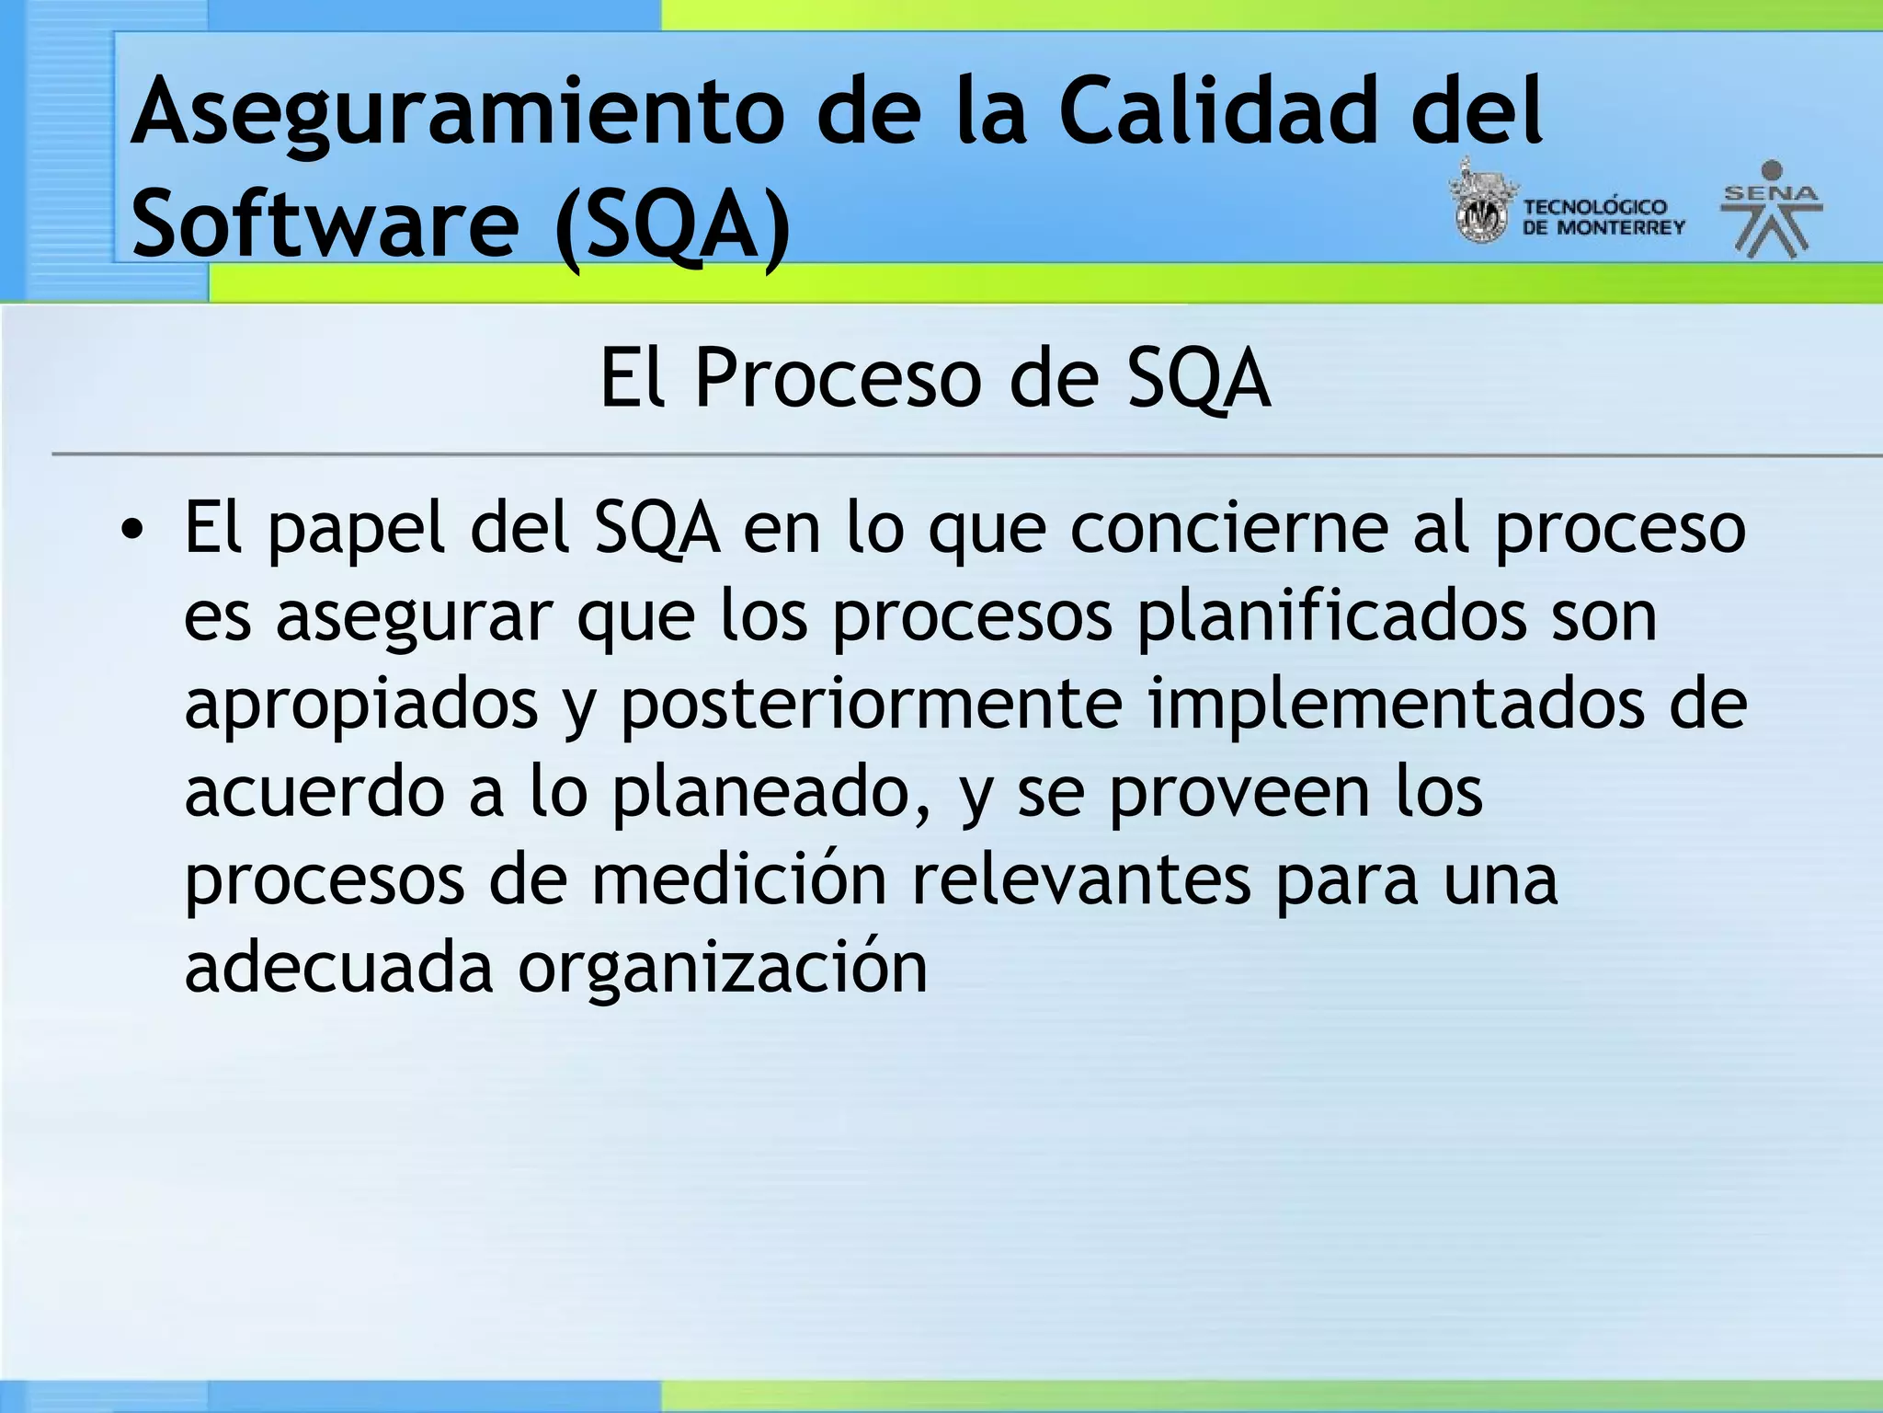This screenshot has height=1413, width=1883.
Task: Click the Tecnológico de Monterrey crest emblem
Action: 1480,204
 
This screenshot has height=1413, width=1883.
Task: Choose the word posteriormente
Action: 871,705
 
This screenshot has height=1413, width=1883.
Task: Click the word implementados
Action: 1396,705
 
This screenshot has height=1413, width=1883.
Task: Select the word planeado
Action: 770,793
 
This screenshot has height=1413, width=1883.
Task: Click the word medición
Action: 738,879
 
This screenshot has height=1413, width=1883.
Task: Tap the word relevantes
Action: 1080,879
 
